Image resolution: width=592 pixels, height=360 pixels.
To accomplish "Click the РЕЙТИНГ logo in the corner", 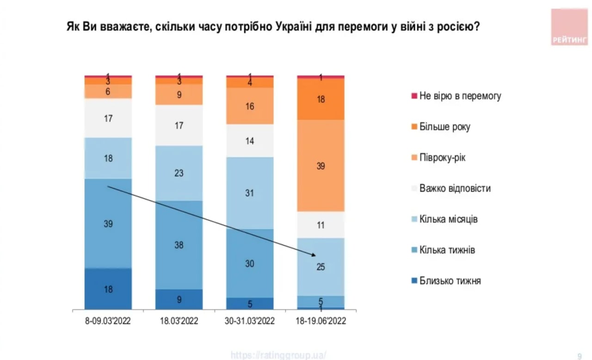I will pos(569,27).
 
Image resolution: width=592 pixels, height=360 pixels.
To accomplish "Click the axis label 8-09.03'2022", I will pos(108,321).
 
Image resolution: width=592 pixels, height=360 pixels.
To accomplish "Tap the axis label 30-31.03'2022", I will pos(249,321).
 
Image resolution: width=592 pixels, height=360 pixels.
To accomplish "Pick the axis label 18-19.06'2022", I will pos(321,321).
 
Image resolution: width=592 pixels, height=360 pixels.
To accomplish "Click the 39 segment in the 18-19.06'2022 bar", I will pos(321,165).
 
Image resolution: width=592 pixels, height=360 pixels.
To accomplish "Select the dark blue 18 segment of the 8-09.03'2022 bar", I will pos(108,289).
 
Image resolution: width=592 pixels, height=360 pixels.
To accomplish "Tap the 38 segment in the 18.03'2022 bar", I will pos(179,245).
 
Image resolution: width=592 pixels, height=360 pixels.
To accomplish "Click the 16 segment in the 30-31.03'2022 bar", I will pos(250,106).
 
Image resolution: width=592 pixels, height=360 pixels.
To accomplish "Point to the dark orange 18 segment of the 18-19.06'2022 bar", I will pos(321,99).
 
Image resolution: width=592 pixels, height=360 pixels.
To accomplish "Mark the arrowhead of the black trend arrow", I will pos(314,255).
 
